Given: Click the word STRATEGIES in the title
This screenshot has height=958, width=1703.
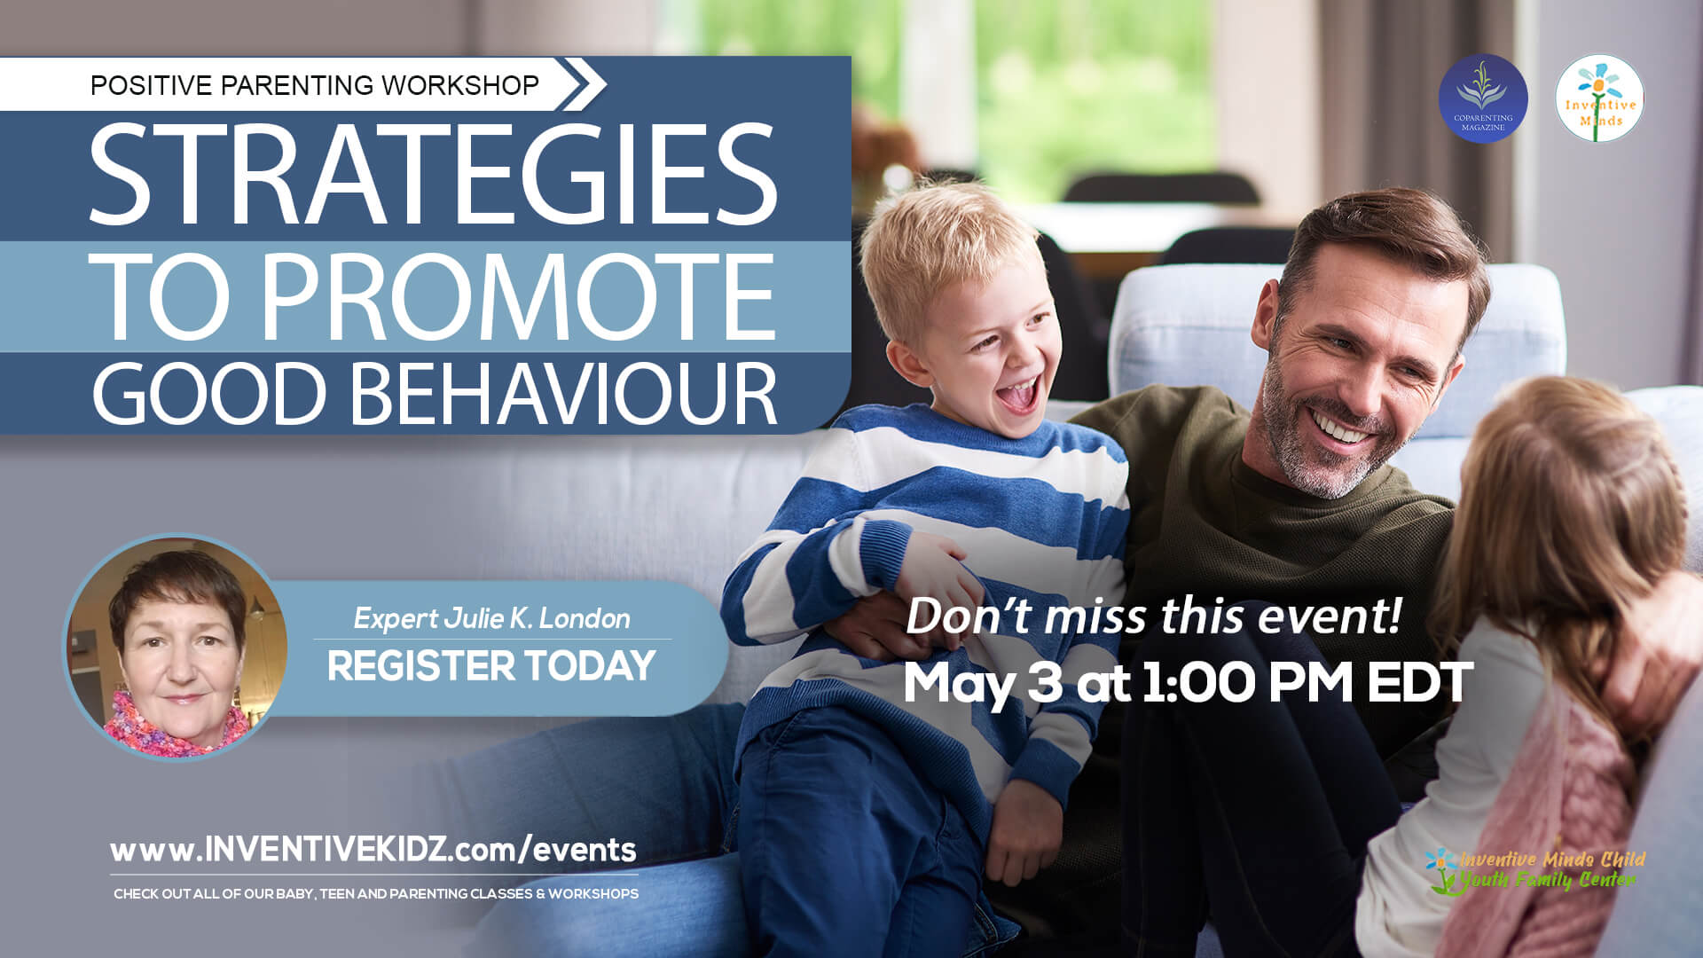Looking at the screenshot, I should pos(433,174).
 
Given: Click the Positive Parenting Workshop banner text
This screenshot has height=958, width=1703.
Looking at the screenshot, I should pos(314,85).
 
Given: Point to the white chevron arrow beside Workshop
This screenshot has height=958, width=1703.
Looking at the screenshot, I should pos(584,84).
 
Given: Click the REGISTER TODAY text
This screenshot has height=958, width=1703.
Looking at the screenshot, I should pos(490,666).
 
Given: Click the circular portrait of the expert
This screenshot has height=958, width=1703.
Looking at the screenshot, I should pos(177,647).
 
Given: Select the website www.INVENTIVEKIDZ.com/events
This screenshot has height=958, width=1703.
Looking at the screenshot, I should pos(373,850).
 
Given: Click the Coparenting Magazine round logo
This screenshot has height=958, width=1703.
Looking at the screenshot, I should pos(1482,98).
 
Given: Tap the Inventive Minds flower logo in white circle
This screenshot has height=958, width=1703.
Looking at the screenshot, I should pos(1599,98).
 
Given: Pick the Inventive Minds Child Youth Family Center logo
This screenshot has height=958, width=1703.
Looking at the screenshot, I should pos(1535,870).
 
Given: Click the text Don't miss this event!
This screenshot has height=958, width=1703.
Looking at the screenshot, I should pos(1153,616).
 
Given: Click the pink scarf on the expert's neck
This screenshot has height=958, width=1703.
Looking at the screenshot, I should pos(177,726).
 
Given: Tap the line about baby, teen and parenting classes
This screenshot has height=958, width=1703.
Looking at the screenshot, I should pos(376,894).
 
